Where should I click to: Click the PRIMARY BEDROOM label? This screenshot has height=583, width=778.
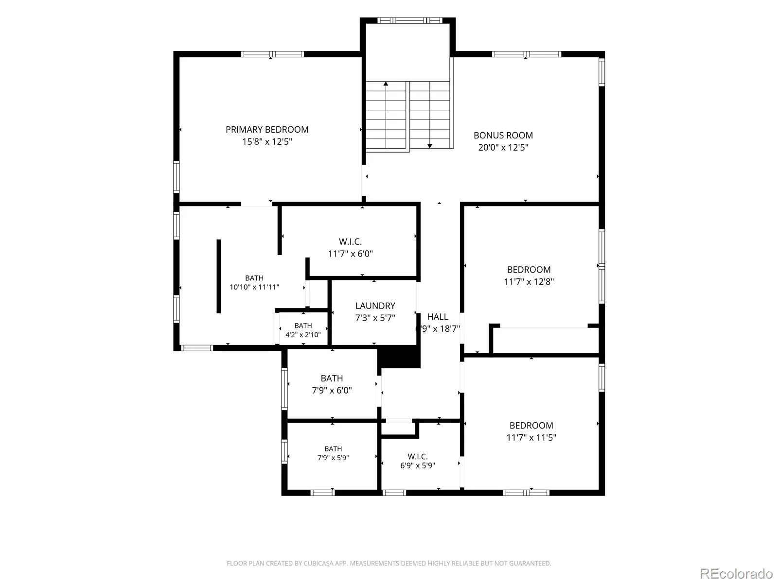pyautogui.click(x=267, y=130)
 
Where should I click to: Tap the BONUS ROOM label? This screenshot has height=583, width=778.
pyautogui.click(x=503, y=135)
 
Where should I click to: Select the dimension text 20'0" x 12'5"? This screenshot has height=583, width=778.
pyautogui.click(x=503, y=147)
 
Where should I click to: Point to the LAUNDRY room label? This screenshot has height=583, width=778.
pyautogui.click(x=375, y=306)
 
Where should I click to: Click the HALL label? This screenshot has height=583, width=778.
pyautogui.click(x=437, y=316)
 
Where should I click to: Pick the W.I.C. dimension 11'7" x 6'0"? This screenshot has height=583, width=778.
pyautogui.click(x=350, y=254)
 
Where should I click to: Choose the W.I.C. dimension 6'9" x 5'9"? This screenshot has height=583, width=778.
pyautogui.click(x=418, y=465)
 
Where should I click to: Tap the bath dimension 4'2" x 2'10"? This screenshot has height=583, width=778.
pyautogui.click(x=303, y=335)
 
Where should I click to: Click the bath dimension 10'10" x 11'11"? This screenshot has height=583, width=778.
pyautogui.click(x=254, y=287)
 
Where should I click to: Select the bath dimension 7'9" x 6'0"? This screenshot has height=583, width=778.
pyautogui.click(x=332, y=390)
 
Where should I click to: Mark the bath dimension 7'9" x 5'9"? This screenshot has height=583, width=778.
pyautogui.click(x=333, y=458)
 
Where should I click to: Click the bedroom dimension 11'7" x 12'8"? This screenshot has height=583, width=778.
pyautogui.click(x=529, y=281)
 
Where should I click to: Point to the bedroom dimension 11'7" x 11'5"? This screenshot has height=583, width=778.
pyautogui.click(x=531, y=437)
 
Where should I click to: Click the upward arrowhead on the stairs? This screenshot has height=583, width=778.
pyautogui.click(x=386, y=84)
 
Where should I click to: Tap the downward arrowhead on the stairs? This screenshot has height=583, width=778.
pyautogui.click(x=429, y=146)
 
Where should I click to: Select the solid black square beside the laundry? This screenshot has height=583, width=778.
pyautogui.click(x=399, y=357)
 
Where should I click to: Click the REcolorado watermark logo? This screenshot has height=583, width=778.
pyautogui.click(x=737, y=573)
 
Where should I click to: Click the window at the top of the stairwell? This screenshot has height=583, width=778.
pyautogui.click(x=410, y=20)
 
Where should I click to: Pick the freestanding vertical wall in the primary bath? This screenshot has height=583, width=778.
pyautogui.click(x=219, y=276)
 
